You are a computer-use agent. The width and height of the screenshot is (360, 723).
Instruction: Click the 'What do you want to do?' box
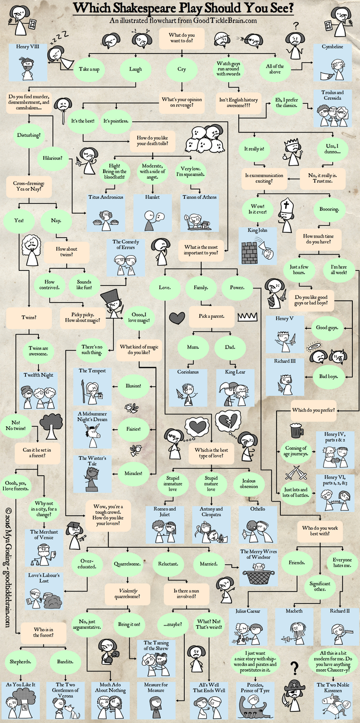[181, 38]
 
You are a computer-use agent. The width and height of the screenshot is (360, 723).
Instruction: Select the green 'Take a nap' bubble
[89, 69]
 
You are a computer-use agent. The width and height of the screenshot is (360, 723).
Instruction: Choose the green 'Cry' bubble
[182, 69]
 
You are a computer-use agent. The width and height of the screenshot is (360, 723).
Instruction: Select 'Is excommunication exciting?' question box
[264, 179]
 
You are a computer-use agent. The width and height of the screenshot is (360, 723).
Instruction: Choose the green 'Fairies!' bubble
[134, 429]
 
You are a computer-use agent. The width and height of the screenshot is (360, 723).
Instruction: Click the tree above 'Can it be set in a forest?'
[50, 425]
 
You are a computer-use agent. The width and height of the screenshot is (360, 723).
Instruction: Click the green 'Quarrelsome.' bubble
[127, 564]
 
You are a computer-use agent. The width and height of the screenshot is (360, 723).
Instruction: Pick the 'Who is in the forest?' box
[43, 632]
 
